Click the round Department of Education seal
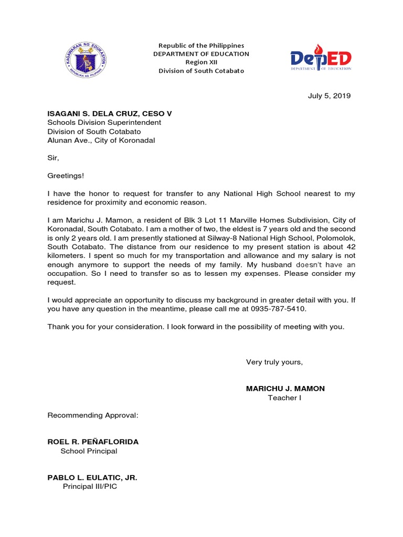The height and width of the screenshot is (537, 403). pos(84,58)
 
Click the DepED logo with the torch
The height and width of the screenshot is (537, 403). pos(321,59)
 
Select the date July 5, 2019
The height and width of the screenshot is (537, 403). pos(328,96)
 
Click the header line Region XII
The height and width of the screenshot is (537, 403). pos(201,62)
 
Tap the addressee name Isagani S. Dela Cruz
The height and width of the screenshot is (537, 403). pos(109,114)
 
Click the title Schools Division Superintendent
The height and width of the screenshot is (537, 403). pos(104,123)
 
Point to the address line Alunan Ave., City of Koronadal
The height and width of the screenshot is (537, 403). pos(101,141)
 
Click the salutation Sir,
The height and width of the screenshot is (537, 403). pos(54,158)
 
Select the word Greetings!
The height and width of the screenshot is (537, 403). pos(66,176)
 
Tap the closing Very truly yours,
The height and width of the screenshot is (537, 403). pos(274,362)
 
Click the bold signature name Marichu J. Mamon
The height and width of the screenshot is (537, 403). pos(285,389)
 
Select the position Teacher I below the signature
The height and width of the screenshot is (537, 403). pos(284,398)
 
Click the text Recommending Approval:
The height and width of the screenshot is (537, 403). pos(93,415)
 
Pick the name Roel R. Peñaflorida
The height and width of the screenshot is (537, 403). pos(93,442)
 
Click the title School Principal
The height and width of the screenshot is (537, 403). pos(89,451)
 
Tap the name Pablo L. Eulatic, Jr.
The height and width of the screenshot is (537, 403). pos(92,478)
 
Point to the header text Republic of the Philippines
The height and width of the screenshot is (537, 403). pos(201,46)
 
